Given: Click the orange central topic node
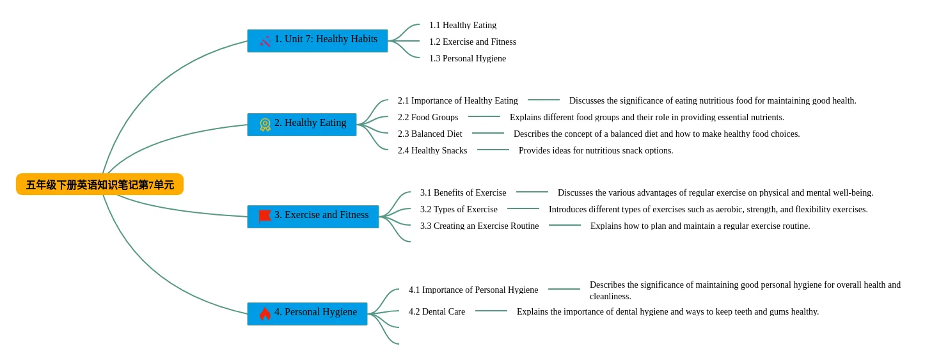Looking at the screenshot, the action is (100, 184).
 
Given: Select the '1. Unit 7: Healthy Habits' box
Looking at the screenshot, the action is (317, 41).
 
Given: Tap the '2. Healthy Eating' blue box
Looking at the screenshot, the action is (302, 125).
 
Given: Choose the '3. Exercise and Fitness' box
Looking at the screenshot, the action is (313, 217).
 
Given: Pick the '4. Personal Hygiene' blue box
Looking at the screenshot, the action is (307, 314).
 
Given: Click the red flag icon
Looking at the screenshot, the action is (265, 216).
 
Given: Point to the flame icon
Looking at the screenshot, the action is (265, 314).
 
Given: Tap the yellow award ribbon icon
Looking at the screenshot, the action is (265, 125).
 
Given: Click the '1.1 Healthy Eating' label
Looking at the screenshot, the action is (462, 25).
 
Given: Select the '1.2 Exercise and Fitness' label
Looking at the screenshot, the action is (472, 42).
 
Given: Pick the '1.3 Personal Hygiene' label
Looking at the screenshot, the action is (467, 58).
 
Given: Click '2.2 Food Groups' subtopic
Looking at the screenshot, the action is (428, 117).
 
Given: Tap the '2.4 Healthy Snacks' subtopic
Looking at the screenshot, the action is (432, 150).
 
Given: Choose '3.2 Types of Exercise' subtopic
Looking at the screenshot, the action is (459, 209).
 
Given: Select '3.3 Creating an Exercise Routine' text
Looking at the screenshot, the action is (480, 226).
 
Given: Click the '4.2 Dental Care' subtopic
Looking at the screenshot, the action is (437, 311).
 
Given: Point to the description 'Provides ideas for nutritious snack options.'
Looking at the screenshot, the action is (596, 150).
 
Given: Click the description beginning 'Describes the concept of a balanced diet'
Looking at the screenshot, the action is (657, 134).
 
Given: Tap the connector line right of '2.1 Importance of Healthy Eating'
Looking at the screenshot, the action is (544, 100).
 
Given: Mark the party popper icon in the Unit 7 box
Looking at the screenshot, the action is (265, 41).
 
